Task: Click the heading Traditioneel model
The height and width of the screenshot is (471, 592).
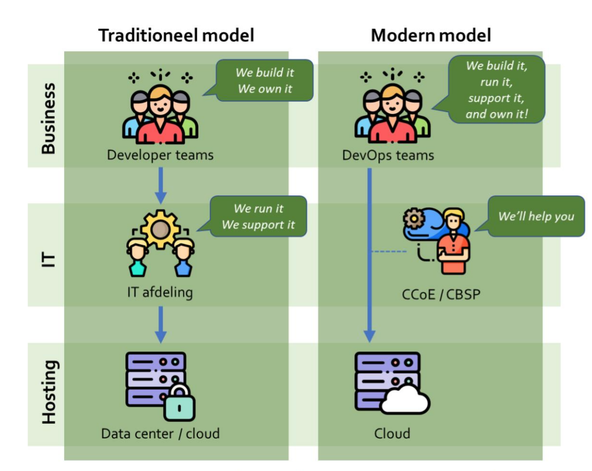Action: pyautogui.click(x=176, y=36)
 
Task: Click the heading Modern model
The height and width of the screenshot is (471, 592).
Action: pyautogui.click(x=431, y=36)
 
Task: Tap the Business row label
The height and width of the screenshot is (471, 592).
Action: pyautogui.click(x=48, y=118)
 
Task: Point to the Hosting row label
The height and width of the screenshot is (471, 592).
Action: pyautogui.click(x=48, y=393)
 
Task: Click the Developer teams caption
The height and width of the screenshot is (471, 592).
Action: pyautogui.click(x=160, y=155)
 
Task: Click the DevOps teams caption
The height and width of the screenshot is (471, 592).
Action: pyautogui.click(x=388, y=155)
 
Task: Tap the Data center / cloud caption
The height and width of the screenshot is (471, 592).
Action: pyautogui.click(x=160, y=434)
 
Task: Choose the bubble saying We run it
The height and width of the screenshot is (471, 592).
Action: pyautogui.click(x=258, y=216)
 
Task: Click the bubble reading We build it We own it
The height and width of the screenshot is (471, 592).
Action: pyautogui.click(x=264, y=80)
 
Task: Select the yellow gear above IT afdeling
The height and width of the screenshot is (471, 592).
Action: pyautogui.click(x=158, y=229)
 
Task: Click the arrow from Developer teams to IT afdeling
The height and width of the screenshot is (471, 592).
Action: pyautogui.click(x=160, y=185)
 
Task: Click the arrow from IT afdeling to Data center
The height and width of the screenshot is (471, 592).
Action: pyautogui.click(x=160, y=324)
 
